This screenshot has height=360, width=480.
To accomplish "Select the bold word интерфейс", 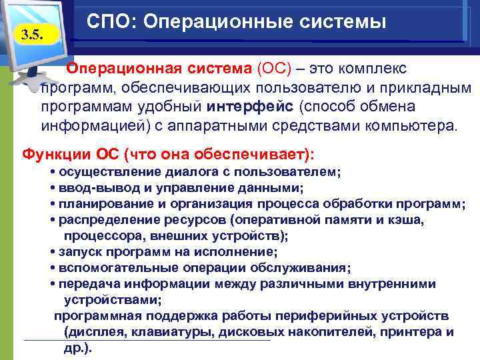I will tap(251, 107).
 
